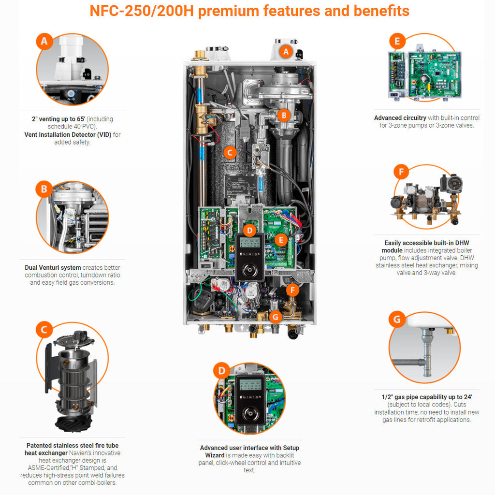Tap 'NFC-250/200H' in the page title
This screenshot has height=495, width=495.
142,11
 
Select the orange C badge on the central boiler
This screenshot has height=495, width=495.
230,153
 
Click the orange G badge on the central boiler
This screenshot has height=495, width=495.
275,317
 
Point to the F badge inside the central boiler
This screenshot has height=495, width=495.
292,290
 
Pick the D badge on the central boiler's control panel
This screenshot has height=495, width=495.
249,230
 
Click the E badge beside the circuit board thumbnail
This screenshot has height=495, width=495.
397,42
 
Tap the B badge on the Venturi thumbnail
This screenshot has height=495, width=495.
44,189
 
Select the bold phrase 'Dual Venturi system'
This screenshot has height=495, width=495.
53,267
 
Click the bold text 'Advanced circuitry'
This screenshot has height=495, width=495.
400,118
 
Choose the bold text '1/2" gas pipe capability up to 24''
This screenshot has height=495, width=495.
427,397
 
